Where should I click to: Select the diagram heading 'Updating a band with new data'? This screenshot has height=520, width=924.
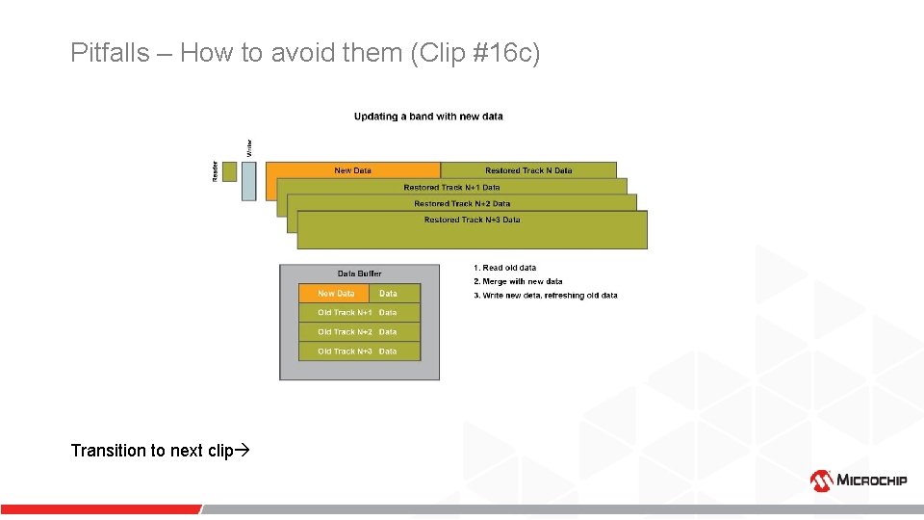428,117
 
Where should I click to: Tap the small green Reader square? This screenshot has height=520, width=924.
229,170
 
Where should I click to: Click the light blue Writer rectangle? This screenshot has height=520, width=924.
249,180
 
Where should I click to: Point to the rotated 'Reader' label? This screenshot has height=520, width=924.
215,170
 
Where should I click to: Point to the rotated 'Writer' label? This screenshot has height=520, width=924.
249,148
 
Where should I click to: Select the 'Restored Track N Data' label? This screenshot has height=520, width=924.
528,170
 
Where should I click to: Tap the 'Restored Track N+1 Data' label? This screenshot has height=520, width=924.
451,187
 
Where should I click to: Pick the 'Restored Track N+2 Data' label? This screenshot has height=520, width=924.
462,203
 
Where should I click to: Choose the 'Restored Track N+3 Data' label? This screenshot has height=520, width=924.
472,220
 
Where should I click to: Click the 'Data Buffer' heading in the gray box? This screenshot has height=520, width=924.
359,273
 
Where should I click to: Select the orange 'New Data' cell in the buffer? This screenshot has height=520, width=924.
335,294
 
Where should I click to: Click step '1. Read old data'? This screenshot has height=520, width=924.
504,268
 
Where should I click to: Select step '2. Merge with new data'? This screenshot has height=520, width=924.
518,281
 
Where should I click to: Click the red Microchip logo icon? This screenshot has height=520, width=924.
821,480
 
